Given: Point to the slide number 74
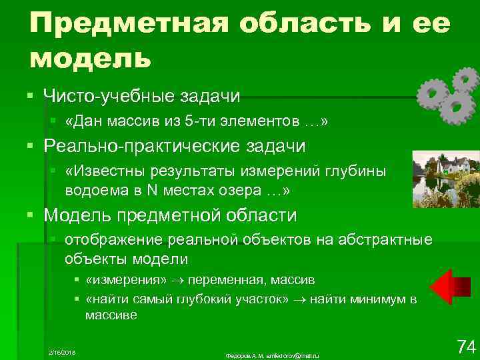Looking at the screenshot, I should [465, 347].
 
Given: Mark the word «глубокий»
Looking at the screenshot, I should [203, 299].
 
